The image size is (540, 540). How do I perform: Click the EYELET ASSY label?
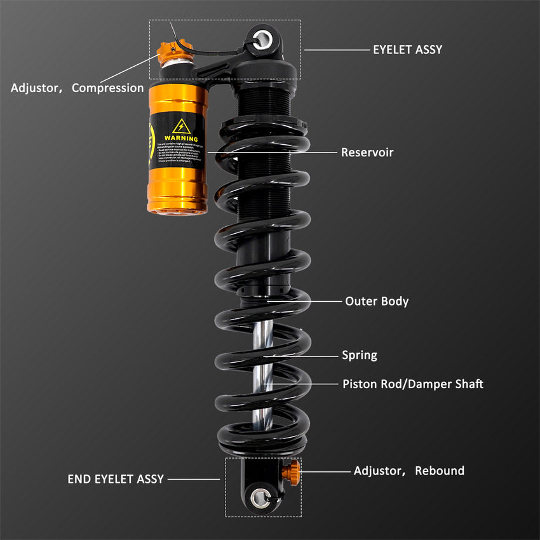point(407,49)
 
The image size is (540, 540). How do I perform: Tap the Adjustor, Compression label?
point(77,88)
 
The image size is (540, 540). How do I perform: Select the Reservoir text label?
point(367,152)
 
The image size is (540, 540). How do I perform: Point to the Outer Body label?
point(377,301)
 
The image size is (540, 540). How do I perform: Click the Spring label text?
point(360,355)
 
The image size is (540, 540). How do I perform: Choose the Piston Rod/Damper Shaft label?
point(413,384)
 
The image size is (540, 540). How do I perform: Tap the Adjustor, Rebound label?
point(408,471)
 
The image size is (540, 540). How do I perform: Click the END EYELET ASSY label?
point(116,479)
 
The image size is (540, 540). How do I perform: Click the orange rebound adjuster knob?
point(294,471)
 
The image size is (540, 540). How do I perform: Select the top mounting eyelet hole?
point(263,39)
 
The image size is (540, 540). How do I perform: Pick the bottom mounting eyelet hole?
point(260,497)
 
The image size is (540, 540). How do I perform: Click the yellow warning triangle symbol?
point(182,126)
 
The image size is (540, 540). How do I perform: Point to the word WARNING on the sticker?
point(181,138)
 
